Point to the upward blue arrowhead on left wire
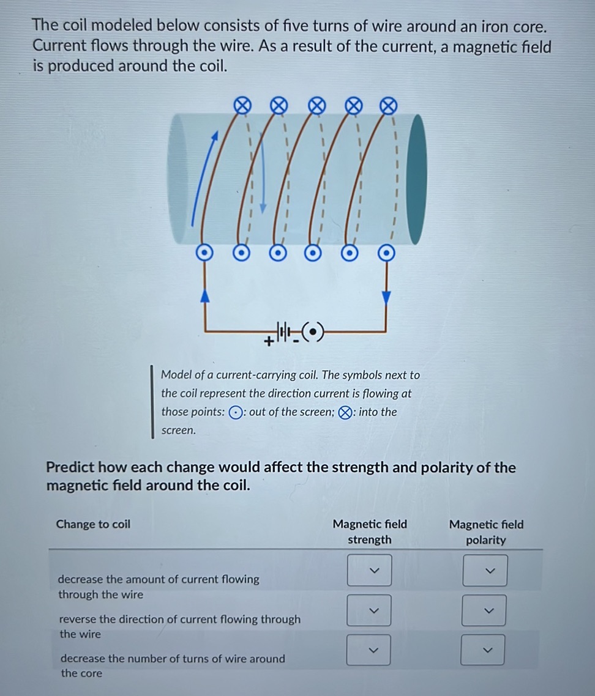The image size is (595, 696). pos(206,296)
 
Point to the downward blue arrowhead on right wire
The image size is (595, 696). pos(386,297)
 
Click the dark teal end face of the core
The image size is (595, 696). pos(416,179)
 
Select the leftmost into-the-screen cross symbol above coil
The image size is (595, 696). pos(243,106)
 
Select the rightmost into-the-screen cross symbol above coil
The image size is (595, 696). pos(387,106)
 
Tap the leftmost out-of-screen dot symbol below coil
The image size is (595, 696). pos(205,252)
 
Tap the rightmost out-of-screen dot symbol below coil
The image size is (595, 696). pos(386,252)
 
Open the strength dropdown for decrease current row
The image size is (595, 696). pos(369,571)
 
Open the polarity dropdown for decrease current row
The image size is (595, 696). pos(484,571)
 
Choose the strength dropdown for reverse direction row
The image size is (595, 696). pos(369,610)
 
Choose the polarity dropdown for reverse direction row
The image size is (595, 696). pos(484,610)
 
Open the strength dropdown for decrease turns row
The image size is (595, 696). pos(369,650)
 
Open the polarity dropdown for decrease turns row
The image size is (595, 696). pos(484,650)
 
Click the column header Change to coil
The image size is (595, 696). pos(93,524)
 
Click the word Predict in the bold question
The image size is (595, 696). pos(70,468)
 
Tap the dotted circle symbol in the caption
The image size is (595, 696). pos(235,413)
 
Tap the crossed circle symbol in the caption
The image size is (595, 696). pos(345,413)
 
